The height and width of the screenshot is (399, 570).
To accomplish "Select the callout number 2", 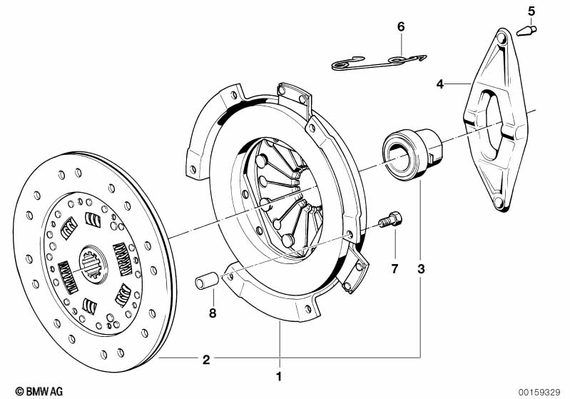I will pyautogui.click(x=206, y=359).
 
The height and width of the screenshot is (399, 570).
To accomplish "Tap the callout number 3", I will pyautogui.click(x=421, y=269).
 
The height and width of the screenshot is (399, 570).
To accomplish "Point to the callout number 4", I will pyautogui.click(x=440, y=84).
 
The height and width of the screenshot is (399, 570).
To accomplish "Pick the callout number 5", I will pyautogui.click(x=531, y=11).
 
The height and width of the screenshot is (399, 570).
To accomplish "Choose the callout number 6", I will pyautogui.click(x=400, y=26).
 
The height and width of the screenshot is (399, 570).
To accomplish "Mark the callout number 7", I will pyautogui.click(x=393, y=269).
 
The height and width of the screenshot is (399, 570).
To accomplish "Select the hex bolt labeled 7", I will pyautogui.click(x=390, y=220).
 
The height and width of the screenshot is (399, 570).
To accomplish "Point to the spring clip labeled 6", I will pyautogui.click(x=378, y=62).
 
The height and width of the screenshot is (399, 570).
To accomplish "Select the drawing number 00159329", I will pyautogui.click(x=541, y=391).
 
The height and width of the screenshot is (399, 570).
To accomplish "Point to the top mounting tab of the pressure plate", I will pyautogui.click(x=292, y=94).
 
